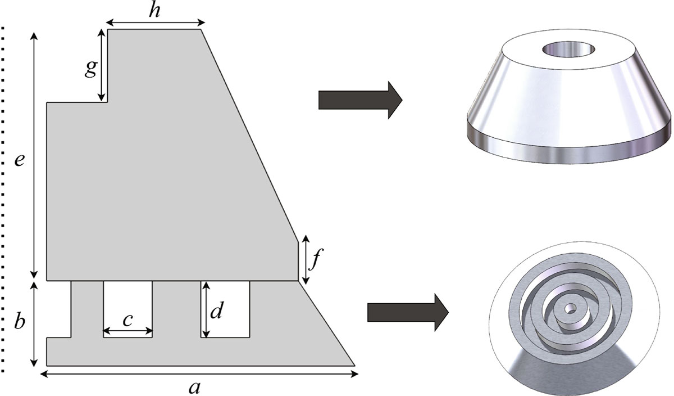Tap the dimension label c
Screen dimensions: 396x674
click(127, 319)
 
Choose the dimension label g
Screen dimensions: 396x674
click(90, 69)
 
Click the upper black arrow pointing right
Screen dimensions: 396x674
click(360, 100)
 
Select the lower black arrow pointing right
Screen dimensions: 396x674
click(407, 311)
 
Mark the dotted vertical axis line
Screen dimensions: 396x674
click(4, 197)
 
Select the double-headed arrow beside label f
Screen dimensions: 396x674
click(305, 260)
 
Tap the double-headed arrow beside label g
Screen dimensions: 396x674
click(102, 66)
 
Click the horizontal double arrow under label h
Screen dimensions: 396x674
click(155, 22)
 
